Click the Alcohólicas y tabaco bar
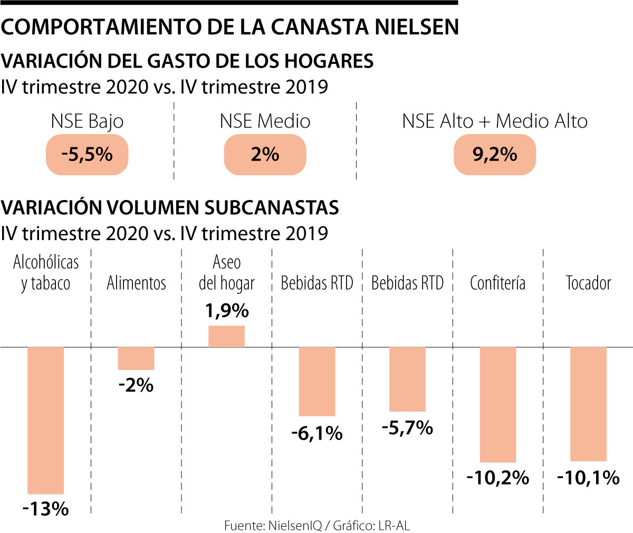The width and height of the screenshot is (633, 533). point(46,420)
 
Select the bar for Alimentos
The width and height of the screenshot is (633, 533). point(136,358)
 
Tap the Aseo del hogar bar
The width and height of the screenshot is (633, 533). point(227,336)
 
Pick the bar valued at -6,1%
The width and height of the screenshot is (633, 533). point(317,382)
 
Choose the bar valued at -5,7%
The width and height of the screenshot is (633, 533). point(407,379)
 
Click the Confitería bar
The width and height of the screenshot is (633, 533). point(498,404)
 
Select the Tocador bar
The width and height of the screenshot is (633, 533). point(589,404)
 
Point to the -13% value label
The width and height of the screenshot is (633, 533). point(46,509)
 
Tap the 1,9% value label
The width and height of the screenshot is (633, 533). point(227,311)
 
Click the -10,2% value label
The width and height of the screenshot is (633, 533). point(498,478)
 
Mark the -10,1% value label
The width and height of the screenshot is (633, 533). point(589,478)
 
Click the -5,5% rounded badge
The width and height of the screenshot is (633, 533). point(87,155)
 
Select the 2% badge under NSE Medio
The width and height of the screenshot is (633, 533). point(265,155)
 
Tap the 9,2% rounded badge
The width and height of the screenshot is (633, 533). point(495,155)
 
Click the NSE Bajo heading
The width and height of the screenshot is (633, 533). point(87,121)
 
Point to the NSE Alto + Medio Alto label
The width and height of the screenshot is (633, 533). point(495,121)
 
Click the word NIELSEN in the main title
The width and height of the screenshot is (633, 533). point(417,27)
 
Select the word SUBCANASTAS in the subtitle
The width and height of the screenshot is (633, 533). point(272,208)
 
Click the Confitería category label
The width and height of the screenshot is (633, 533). point(498,283)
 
